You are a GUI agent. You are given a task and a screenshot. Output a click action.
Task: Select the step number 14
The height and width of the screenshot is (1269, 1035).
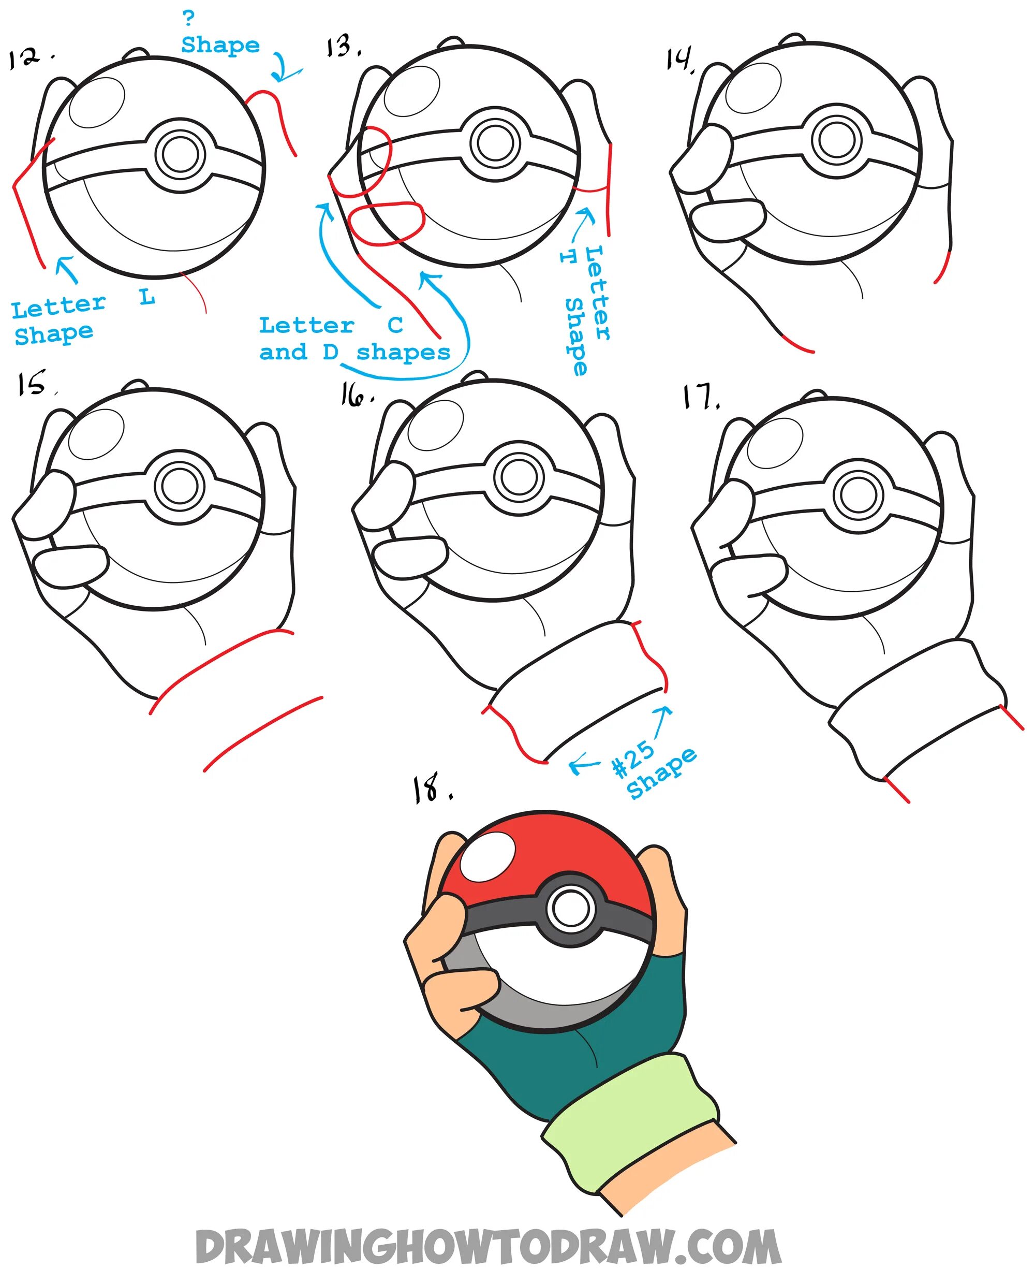pyautogui.click(x=679, y=60)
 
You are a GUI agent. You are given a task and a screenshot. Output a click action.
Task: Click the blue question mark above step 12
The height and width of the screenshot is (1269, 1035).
pyautogui.click(x=188, y=18)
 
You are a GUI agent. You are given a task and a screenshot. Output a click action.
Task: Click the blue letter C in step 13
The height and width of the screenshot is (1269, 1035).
pyautogui.click(x=395, y=325)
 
